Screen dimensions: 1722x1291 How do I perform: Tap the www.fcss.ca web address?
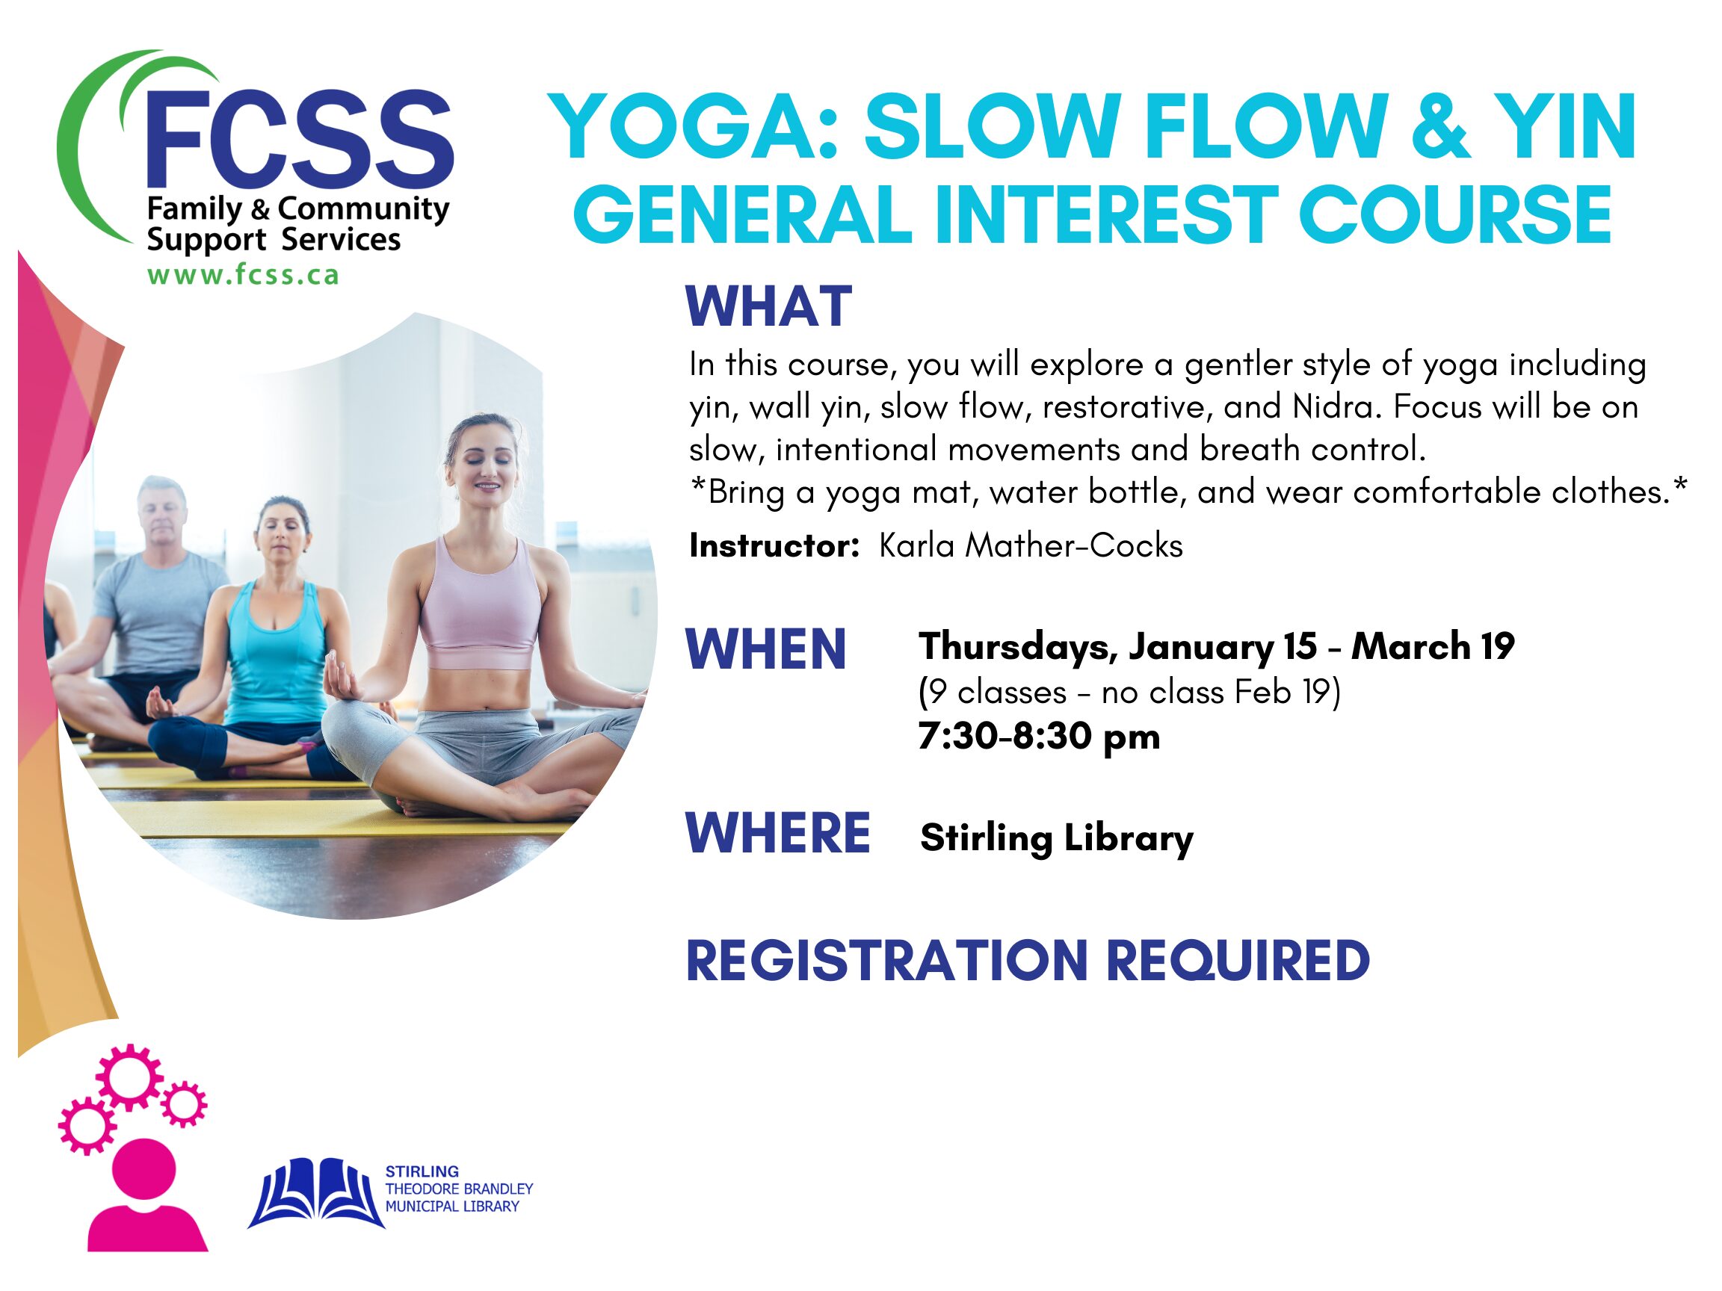click(x=243, y=276)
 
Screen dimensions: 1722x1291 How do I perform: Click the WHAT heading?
click(x=768, y=306)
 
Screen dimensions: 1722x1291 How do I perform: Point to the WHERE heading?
click(x=778, y=833)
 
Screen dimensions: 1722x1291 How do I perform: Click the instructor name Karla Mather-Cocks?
click(x=1031, y=545)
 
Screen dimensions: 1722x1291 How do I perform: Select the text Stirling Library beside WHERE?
click(x=1056, y=838)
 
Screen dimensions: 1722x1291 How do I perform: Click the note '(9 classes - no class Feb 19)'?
click(x=1129, y=692)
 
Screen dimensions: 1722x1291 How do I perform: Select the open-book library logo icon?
click(x=316, y=1193)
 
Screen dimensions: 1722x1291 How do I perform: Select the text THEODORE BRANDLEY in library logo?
click(x=460, y=1189)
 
